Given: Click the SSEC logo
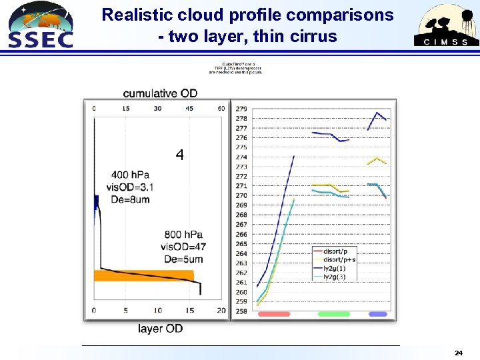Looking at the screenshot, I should [40, 25].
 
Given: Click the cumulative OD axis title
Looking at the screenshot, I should [160, 93].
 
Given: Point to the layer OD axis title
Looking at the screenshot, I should [160, 328].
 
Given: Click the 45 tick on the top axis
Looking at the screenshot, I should [189, 108].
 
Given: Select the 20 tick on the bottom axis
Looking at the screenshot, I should [221, 311].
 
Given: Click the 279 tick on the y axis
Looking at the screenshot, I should [241, 109].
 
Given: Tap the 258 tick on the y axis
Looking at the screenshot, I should [241, 311].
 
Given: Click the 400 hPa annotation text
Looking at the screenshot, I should [130, 175].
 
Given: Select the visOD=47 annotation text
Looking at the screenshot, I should [183, 247].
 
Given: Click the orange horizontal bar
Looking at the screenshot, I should [143, 275].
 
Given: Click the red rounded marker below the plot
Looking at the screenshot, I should [273, 314].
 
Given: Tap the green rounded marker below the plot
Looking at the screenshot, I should [334, 314].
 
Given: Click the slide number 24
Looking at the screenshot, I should [458, 352].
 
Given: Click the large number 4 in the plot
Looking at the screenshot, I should [179, 155].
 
